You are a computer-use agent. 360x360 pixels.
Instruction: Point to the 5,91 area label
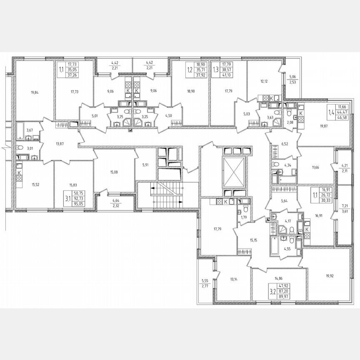coord(145,164)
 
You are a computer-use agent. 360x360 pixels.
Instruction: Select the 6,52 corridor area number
coord(285,144)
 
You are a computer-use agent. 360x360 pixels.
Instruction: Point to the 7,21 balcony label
coord(345,206)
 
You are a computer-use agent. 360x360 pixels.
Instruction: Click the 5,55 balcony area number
coord(204,281)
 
